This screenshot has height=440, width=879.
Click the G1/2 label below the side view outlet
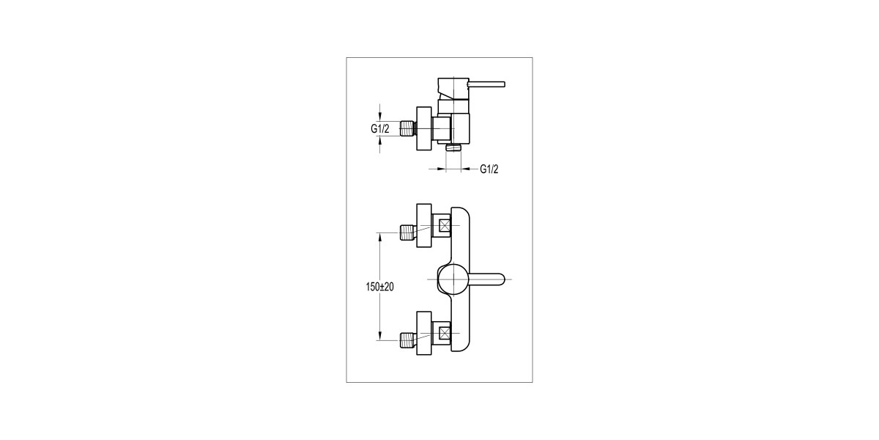[489, 170]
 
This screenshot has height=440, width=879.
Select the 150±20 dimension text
[379, 287]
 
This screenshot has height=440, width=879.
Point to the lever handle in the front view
[485, 279]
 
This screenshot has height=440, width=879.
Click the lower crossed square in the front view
[444, 332]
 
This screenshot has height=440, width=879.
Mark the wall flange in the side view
[424, 129]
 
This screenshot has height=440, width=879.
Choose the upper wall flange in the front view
[424, 225]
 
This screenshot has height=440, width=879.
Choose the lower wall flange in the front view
[424, 332]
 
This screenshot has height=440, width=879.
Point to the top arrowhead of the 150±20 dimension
[380, 236]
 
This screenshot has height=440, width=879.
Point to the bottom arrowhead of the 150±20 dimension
[380, 336]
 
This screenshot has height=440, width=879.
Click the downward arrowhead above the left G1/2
[379, 117]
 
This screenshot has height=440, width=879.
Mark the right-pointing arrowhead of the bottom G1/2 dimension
[442, 170]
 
